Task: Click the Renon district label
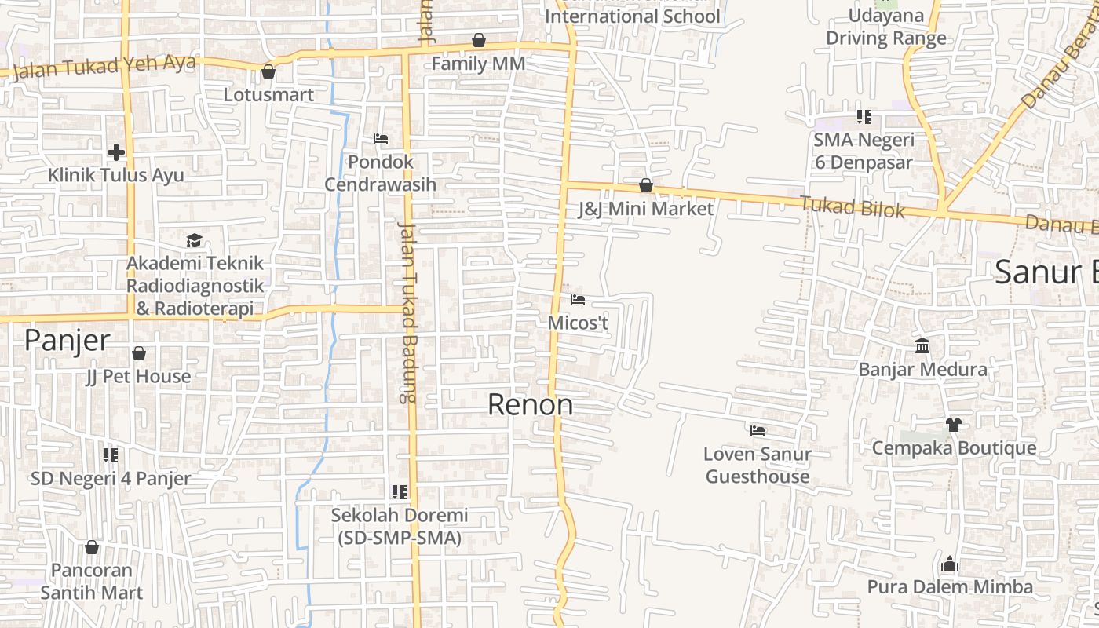pyautogui.click(x=530, y=405)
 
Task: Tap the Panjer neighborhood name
pyautogui.click(x=67, y=340)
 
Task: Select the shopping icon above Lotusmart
pyautogui.click(x=268, y=72)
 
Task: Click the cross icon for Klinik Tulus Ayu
pyautogui.click(x=116, y=152)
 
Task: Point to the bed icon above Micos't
pyautogui.click(x=578, y=300)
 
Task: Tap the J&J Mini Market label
pyautogui.click(x=645, y=209)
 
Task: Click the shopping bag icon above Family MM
pyautogui.click(x=479, y=40)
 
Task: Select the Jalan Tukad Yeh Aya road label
pyautogui.click(x=104, y=67)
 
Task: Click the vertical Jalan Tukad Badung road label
pyautogui.click(x=407, y=312)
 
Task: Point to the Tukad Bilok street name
pyautogui.click(x=853, y=207)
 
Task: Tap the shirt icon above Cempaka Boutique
pyautogui.click(x=954, y=425)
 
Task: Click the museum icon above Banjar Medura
pyautogui.click(x=922, y=345)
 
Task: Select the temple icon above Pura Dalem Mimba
pyautogui.click(x=950, y=564)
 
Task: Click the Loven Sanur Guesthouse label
pyautogui.click(x=758, y=465)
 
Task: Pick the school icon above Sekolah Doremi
pyautogui.click(x=400, y=492)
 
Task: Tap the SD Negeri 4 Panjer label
pyautogui.click(x=111, y=478)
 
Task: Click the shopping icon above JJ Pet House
pyautogui.click(x=139, y=354)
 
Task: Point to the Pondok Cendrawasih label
pyautogui.click(x=380, y=173)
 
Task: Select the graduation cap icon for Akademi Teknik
pyautogui.click(x=194, y=240)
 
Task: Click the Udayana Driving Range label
pyautogui.click(x=886, y=27)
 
